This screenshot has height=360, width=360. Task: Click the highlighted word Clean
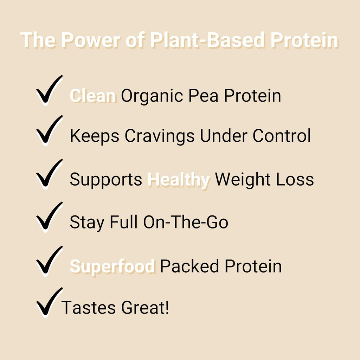pos(93,96)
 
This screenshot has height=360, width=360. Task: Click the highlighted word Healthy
pos(179,180)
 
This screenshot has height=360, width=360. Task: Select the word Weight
pos(243,180)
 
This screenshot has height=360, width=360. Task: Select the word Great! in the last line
pos(145,308)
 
